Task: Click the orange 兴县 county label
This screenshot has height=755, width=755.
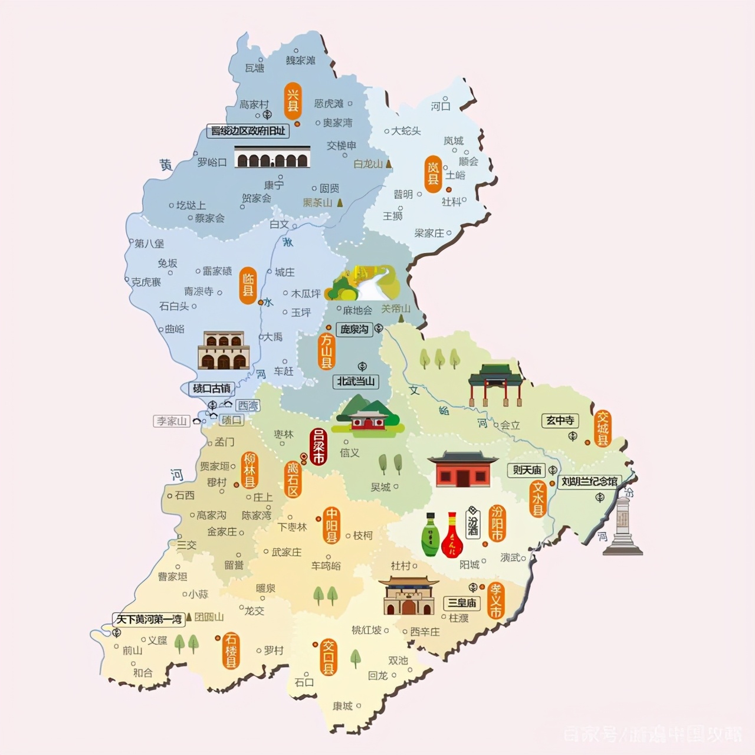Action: coord(293,100)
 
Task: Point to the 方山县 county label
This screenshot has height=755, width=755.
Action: coord(326,352)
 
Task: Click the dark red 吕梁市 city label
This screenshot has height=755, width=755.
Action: coord(319,447)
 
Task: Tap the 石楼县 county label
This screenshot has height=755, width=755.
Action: coord(231,651)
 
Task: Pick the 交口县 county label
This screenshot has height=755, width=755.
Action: coord(328,657)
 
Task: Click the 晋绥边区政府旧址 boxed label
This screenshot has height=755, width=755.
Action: coord(248,132)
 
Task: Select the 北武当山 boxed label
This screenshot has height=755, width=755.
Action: coord(356,382)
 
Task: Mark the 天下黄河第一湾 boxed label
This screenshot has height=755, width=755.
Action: coord(149,619)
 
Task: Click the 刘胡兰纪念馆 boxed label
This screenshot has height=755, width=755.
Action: coord(589,482)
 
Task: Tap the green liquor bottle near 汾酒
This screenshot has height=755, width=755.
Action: coord(430,535)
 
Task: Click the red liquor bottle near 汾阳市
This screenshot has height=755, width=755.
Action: coord(452,535)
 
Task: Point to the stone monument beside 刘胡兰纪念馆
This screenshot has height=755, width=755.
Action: coord(622,526)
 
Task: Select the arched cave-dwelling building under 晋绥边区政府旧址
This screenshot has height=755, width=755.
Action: coord(272,156)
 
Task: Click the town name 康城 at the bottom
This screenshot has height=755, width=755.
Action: coord(342,706)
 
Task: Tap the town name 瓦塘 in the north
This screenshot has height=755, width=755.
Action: coord(254,68)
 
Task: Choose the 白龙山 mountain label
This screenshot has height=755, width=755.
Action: coord(368,164)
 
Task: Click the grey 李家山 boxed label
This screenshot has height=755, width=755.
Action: coord(172,421)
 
